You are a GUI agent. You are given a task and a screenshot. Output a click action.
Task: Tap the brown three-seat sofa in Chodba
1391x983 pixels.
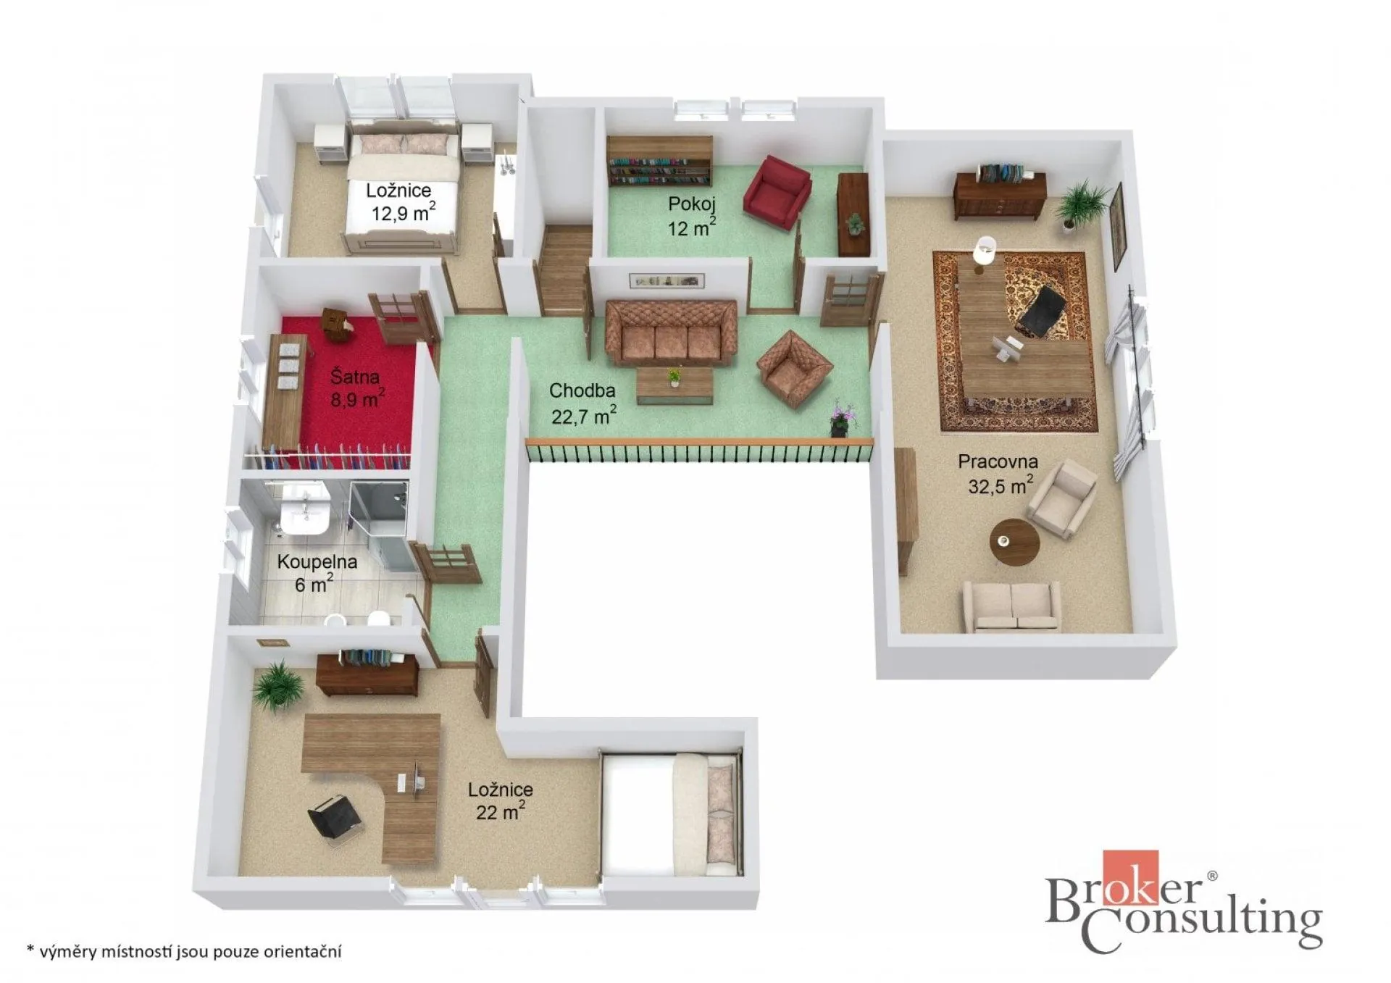pyautogui.click(x=671, y=331)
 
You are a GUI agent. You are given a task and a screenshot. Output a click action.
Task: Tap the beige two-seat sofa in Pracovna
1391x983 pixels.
pyautogui.click(x=1011, y=606)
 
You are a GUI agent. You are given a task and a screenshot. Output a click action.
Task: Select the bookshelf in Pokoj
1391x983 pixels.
pyautogui.click(x=659, y=161)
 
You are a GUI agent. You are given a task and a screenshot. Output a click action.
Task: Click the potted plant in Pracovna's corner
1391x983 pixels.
pyautogui.click(x=1080, y=204)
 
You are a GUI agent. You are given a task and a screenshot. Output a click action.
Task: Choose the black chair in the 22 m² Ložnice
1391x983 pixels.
pyautogui.click(x=335, y=819)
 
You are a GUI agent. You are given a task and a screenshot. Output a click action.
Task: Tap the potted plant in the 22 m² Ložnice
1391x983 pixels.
pyautogui.click(x=278, y=685)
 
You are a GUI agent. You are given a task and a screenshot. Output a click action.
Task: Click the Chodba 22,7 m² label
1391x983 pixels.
pyautogui.click(x=582, y=403)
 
